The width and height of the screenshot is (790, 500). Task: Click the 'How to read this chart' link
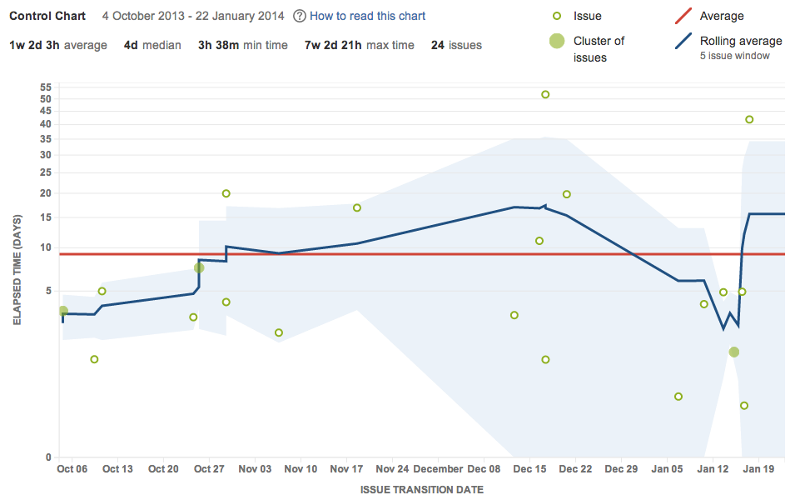[367, 16]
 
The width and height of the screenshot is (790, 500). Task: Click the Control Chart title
[47, 16]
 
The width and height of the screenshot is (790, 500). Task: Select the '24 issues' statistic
[456, 45]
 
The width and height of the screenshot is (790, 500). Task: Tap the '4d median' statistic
[152, 45]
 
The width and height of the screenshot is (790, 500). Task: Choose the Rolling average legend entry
[740, 41]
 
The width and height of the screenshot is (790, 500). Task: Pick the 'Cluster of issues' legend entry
[599, 49]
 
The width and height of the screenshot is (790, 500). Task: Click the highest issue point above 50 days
[545, 94]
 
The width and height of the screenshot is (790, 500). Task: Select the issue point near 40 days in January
[749, 119]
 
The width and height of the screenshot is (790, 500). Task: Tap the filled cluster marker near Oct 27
[199, 267]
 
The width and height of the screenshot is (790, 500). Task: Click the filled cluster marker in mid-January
[733, 352]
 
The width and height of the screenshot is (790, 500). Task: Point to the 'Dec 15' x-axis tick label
[530, 469]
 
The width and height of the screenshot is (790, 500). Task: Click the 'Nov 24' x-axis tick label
[393, 469]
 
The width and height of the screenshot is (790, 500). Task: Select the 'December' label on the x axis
[438, 469]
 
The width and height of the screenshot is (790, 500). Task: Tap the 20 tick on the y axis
[46, 193]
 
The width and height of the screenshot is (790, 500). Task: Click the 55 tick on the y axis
[46, 87]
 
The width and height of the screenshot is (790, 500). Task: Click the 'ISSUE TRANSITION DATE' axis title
[421, 490]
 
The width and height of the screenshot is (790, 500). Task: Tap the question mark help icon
[300, 16]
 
